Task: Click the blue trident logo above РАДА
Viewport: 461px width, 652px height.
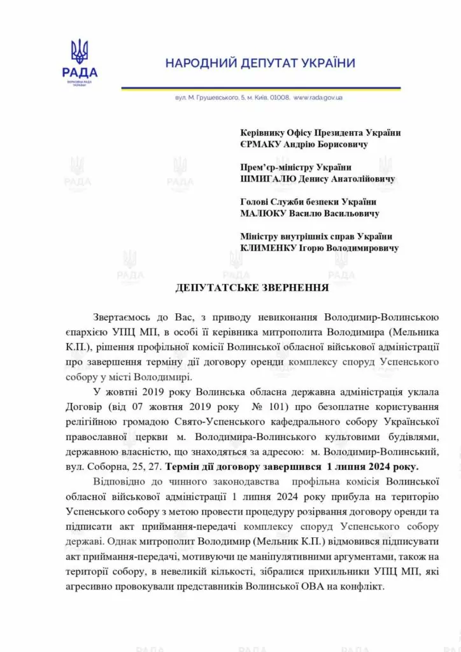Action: (80, 51)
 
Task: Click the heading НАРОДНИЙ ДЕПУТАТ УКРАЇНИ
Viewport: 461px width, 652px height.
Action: (260, 64)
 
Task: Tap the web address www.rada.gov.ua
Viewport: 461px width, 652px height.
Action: (318, 98)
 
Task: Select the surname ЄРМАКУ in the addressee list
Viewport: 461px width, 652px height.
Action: (262, 144)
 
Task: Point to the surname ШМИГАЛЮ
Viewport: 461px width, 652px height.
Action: (266, 179)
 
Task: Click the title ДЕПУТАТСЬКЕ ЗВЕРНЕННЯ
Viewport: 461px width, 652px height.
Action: (252, 288)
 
